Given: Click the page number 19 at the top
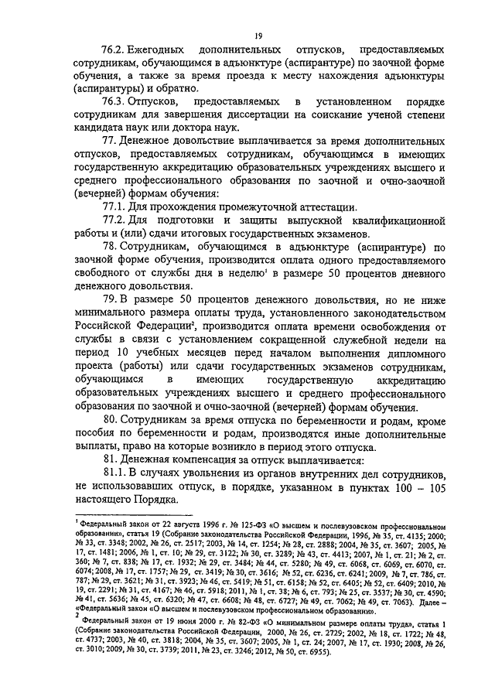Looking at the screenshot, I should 258,35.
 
